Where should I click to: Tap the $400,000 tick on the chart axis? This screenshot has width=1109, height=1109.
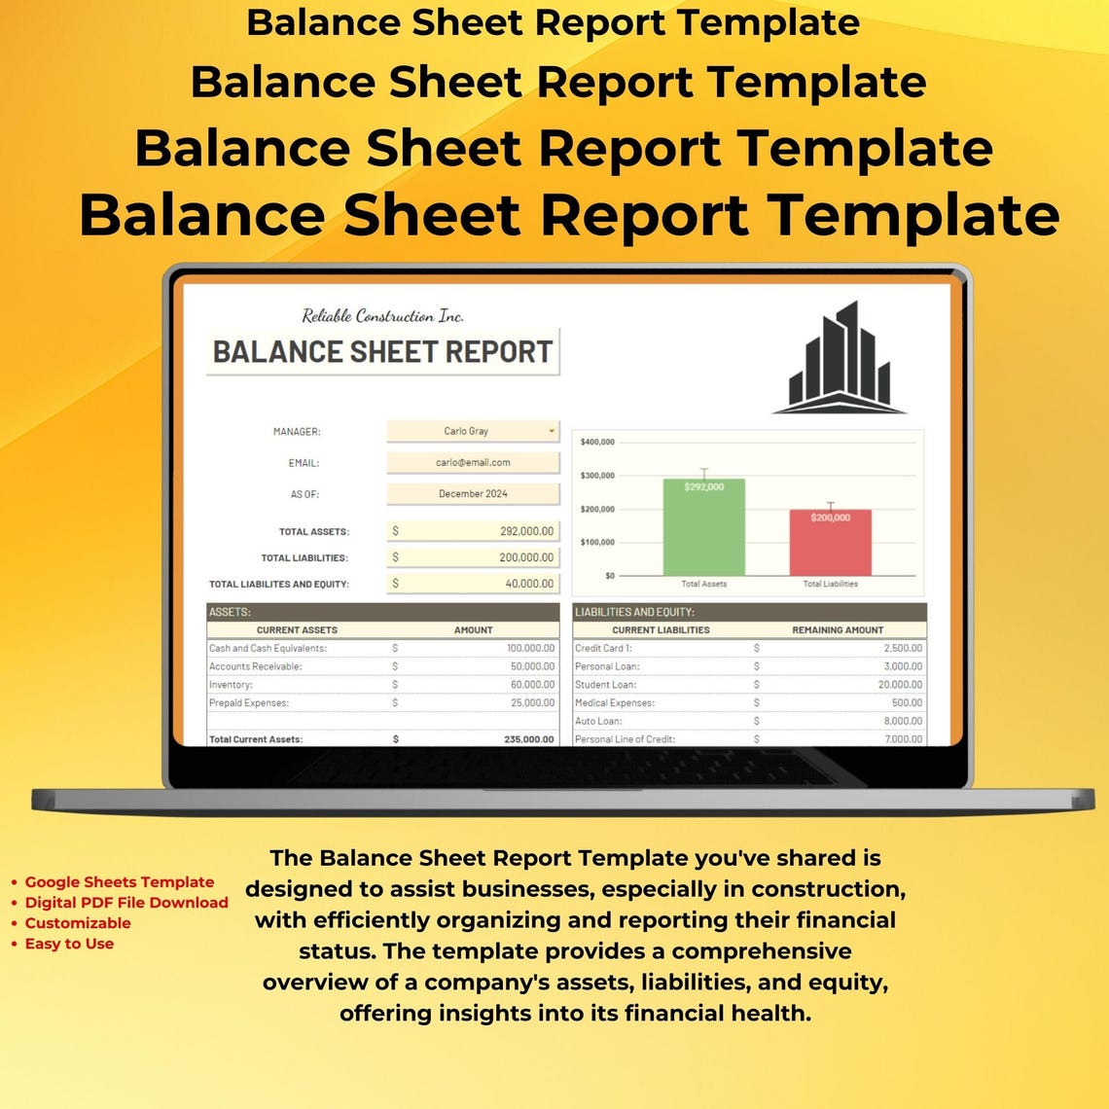click(x=597, y=442)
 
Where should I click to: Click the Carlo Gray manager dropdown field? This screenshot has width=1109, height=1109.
click(x=473, y=431)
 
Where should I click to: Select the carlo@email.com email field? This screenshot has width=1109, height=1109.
click(x=473, y=462)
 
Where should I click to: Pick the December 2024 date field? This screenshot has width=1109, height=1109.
click(x=473, y=494)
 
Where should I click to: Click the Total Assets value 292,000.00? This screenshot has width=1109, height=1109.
click(x=525, y=531)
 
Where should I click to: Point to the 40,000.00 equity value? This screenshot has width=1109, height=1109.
click(x=530, y=584)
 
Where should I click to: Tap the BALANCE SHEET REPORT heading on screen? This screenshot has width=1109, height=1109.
click(x=382, y=352)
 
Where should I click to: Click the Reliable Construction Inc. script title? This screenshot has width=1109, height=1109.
click(x=382, y=315)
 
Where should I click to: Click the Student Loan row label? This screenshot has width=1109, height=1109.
click(x=605, y=685)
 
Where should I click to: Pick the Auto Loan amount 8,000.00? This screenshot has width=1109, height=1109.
click(x=903, y=721)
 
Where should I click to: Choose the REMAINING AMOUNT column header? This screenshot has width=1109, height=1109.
click(x=838, y=630)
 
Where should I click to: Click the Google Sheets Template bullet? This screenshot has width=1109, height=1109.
click(x=119, y=882)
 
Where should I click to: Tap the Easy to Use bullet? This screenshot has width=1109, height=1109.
click(x=69, y=944)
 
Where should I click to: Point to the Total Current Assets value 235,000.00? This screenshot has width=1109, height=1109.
click(x=528, y=739)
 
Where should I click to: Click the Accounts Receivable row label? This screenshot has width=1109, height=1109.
click(x=255, y=666)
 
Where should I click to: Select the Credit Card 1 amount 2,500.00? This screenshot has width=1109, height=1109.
click(x=903, y=648)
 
